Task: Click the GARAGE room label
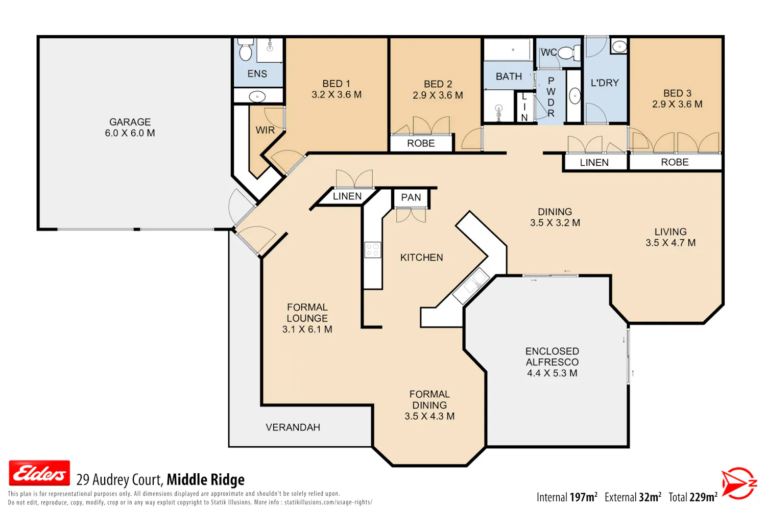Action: pos(130,122)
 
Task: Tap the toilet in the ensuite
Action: pos(246,49)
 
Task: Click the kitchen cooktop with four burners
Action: pos(372,249)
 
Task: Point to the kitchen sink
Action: pos(471,286)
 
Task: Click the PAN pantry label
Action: pos(411,197)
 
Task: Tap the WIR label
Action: pos(265,130)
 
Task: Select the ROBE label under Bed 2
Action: pos(421,143)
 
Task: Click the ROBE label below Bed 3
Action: pos(675,162)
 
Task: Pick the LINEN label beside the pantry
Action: pos(347,196)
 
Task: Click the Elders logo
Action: pos(39,473)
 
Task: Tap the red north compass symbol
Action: pos(739,483)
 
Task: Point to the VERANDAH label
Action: pos(293,427)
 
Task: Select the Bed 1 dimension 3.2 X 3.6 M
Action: pos(336,95)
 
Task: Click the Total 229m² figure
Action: pos(693,497)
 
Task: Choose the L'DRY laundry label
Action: pos(605,83)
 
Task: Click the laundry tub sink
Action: pos(619,46)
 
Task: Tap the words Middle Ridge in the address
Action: pos(205,479)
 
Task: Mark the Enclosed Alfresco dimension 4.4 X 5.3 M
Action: pos(552,373)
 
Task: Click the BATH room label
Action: pos(509,76)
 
